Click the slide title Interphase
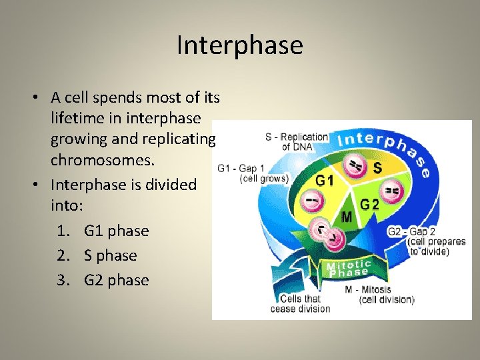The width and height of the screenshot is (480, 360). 240,45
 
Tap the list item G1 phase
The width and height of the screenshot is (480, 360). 116,231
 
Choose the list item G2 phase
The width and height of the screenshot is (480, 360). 116,280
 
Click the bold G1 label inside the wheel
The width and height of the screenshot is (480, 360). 325,181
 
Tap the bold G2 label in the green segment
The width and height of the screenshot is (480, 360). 369,205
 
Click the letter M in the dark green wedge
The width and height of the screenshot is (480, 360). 347,217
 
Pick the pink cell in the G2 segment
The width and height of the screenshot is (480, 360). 392,193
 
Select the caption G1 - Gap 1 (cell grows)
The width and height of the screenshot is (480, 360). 253,173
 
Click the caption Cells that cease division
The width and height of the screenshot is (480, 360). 300,303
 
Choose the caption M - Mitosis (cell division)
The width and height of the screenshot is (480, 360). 379,295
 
